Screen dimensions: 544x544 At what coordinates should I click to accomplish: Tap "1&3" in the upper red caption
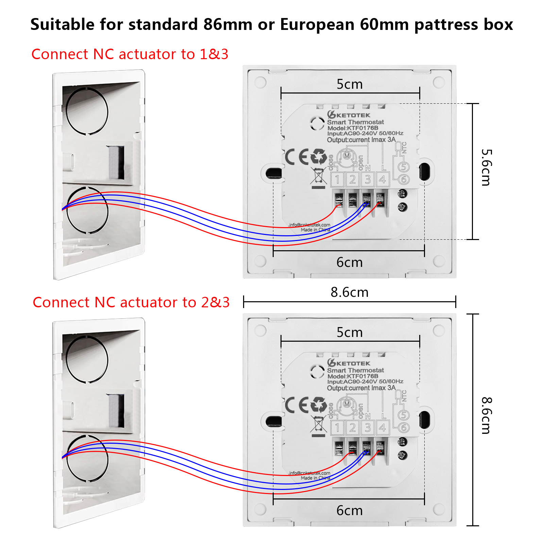(x=214, y=54)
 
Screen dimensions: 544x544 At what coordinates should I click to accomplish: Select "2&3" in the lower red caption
(x=215, y=303)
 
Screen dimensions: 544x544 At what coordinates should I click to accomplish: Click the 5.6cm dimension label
(x=486, y=167)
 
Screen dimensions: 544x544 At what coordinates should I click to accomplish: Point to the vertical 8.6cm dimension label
(x=486, y=415)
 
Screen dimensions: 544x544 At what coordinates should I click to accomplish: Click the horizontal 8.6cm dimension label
(x=350, y=292)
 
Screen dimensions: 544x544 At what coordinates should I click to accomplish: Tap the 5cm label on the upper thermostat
(x=350, y=84)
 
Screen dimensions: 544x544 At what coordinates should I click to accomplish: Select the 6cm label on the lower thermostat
(x=350, y=511)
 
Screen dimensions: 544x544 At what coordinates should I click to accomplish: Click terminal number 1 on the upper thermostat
(x=338, y=180)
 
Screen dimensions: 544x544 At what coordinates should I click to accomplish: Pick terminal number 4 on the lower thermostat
(x=382, y=428)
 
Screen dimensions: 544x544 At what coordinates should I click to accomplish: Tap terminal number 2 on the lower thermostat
(x=353, y=428)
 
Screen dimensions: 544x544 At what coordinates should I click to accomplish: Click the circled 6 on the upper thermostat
(x=404, y=180)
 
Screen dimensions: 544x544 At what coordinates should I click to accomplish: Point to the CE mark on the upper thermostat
(x=296, y=157)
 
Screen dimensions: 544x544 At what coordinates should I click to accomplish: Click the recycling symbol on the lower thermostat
(x=319, y=405)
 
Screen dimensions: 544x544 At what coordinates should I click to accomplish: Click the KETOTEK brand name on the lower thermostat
(x=353, y=363)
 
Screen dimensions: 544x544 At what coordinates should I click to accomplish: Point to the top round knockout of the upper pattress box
(x=87, y=111)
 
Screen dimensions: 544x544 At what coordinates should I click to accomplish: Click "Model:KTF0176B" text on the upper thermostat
(x=353, y=128)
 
